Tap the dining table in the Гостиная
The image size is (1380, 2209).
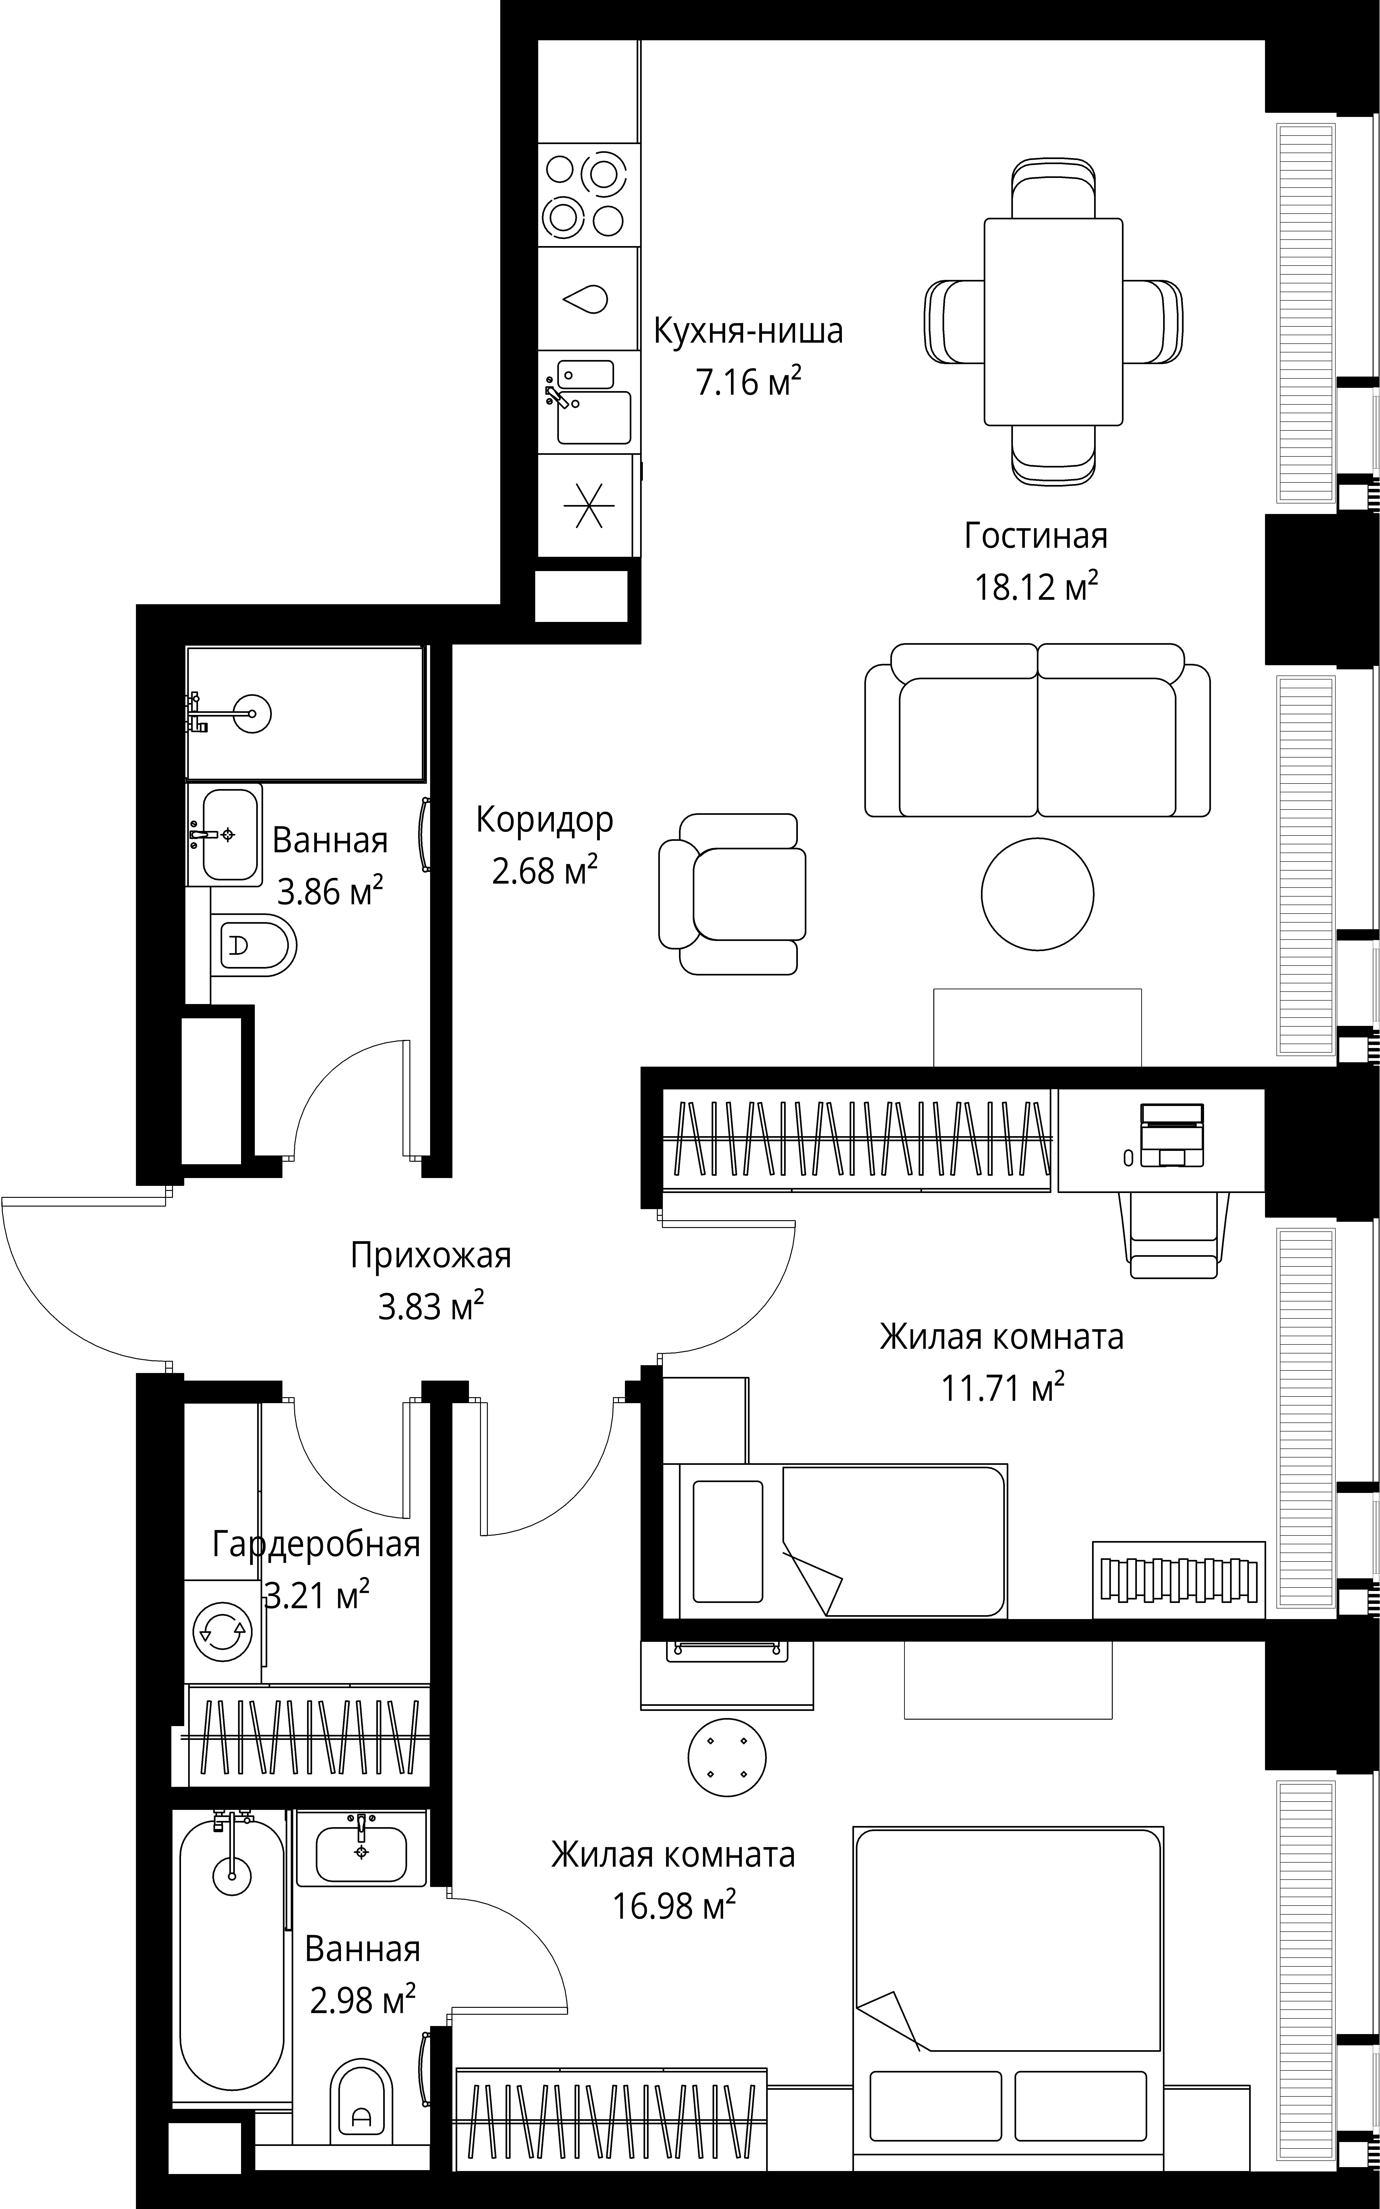point(1053,322)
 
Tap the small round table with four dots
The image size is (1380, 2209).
point(727,1757)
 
